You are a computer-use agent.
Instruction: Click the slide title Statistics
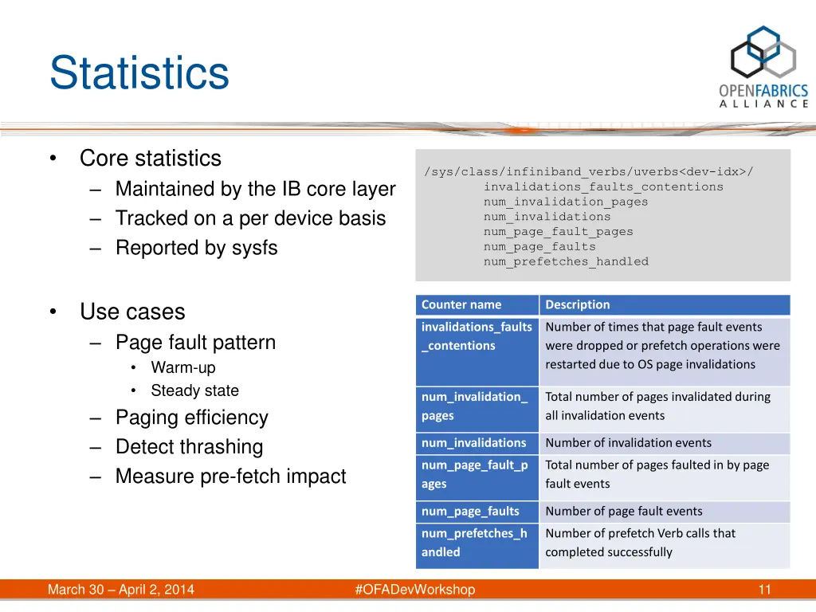pos(139,73)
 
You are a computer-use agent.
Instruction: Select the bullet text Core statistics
pos(150,159)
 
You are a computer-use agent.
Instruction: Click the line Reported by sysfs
pos(196,248)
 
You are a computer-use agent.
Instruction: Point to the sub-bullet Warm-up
pos(182,367)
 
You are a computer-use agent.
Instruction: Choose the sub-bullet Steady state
pos(194,390)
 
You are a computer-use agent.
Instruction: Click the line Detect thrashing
pos(189,447)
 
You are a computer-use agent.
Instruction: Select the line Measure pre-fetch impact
pos(230,477)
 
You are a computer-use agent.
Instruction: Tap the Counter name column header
pos(461,304)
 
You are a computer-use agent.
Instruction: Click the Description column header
pos(578,304)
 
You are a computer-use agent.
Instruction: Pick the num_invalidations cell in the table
pos(473,443)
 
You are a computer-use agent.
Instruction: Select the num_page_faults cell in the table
pos(470,512)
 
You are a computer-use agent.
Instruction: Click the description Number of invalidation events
pos(628,443)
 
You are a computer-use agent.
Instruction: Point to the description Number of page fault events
pos(623,512)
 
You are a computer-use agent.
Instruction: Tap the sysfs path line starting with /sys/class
pos(589,172)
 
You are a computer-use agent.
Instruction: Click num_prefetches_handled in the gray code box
pos(566,261)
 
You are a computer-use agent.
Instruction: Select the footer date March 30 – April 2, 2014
pos(121,590)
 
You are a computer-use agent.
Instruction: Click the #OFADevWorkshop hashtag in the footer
pos(414,590)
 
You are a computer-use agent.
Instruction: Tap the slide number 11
pos(764,590)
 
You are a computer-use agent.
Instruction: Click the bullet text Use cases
pos(132,312)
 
